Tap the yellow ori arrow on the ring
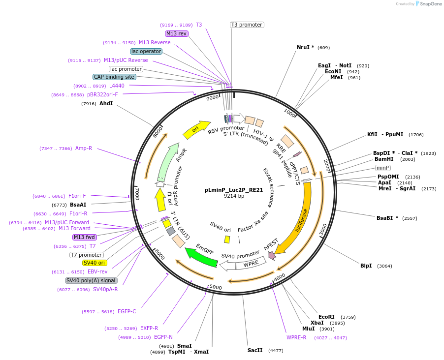(x=196, y=130)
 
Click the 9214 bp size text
(x=234, y=196)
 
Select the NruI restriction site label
(x=305, y=47)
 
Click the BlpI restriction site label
(x=366, y=266)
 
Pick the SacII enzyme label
(x=255, y=350)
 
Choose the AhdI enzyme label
(x=106, y=103)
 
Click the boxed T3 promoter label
(x=247, y=25)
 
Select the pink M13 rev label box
(x=176, y=33)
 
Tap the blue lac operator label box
(x=146, y=51)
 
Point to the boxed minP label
(x=382, y=168)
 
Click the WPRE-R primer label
(x=296, y=337)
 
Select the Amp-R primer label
(x=84, y=148)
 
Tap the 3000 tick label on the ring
(x=322, y=230)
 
